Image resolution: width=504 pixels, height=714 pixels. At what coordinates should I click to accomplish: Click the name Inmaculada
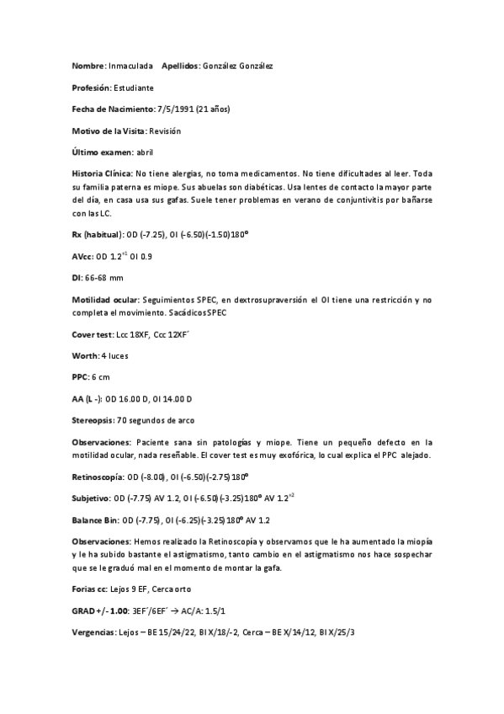click(x=130, y=65)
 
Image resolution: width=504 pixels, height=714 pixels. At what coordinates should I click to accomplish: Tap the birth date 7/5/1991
click(x=176, y=109)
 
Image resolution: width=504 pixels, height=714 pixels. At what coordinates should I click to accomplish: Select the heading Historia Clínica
click(x=101, y=173)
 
